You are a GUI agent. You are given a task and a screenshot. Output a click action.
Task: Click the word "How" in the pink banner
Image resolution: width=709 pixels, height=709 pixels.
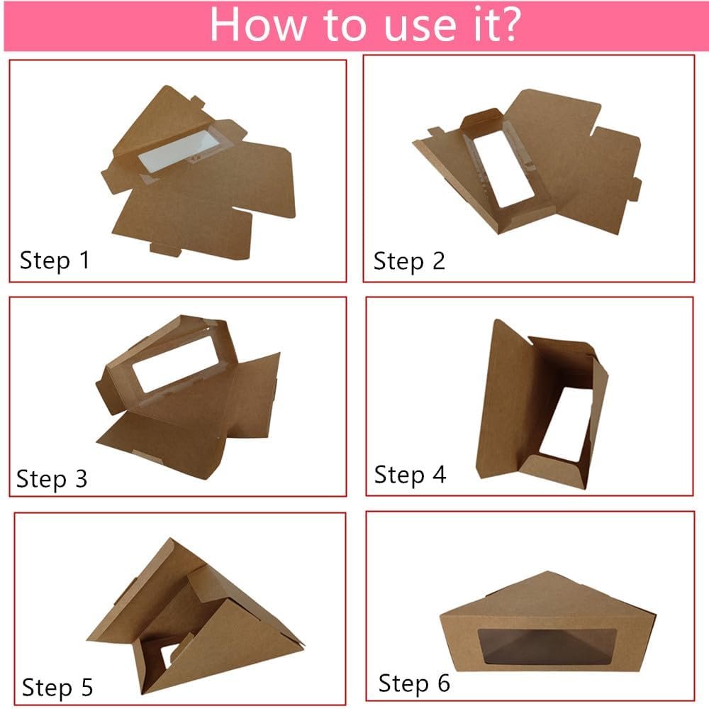click(x=258, y=24)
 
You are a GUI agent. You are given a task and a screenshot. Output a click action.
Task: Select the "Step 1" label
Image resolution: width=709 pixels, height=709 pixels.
click(x=55, y=260)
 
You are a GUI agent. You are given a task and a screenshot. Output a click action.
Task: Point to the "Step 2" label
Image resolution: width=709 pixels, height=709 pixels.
click(x=409, y=262)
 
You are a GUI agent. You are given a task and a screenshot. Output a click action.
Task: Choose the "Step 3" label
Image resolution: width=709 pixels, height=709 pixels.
click(x=52, y=479)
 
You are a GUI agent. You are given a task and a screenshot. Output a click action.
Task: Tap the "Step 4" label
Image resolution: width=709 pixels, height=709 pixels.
click(x=410, y=475)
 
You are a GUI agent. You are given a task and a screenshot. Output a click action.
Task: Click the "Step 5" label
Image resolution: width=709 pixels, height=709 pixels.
click(x=57, y=687)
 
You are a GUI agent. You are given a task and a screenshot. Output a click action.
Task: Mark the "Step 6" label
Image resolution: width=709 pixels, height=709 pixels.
click(x=414, y=683)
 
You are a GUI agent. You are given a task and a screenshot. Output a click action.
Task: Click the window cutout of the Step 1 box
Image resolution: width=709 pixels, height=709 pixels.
click(x=179, y=151)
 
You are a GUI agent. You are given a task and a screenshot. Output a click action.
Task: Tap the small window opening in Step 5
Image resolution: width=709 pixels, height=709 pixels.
click(x=169, y=654)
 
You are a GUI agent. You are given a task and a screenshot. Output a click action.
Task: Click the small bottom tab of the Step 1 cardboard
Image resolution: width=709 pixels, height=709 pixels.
click(x=165, y=249)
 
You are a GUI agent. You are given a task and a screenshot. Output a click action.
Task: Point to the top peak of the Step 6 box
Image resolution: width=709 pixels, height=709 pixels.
click(x=547, y=572)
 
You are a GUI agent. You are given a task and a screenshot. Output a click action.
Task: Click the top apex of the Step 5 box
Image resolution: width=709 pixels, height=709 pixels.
click(x=170, y=539)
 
